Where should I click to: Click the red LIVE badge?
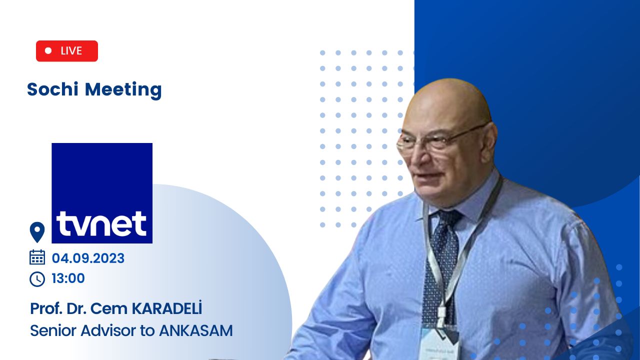(67, 51)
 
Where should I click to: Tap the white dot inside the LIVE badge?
(48, 50)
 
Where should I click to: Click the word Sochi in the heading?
(52, 89)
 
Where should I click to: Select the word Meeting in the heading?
(123, 90)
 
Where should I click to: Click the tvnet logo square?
(102, 193)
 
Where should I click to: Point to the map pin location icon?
(37, 232)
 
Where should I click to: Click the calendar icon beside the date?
(37, 257)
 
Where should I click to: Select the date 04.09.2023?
(88, 258)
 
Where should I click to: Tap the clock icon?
(37, 279)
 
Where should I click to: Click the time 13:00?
(68, 278)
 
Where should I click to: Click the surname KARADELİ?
(167, 308)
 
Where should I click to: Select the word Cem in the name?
(108, 308)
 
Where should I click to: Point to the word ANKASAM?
(196, 331)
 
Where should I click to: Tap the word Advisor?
(108, 331)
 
